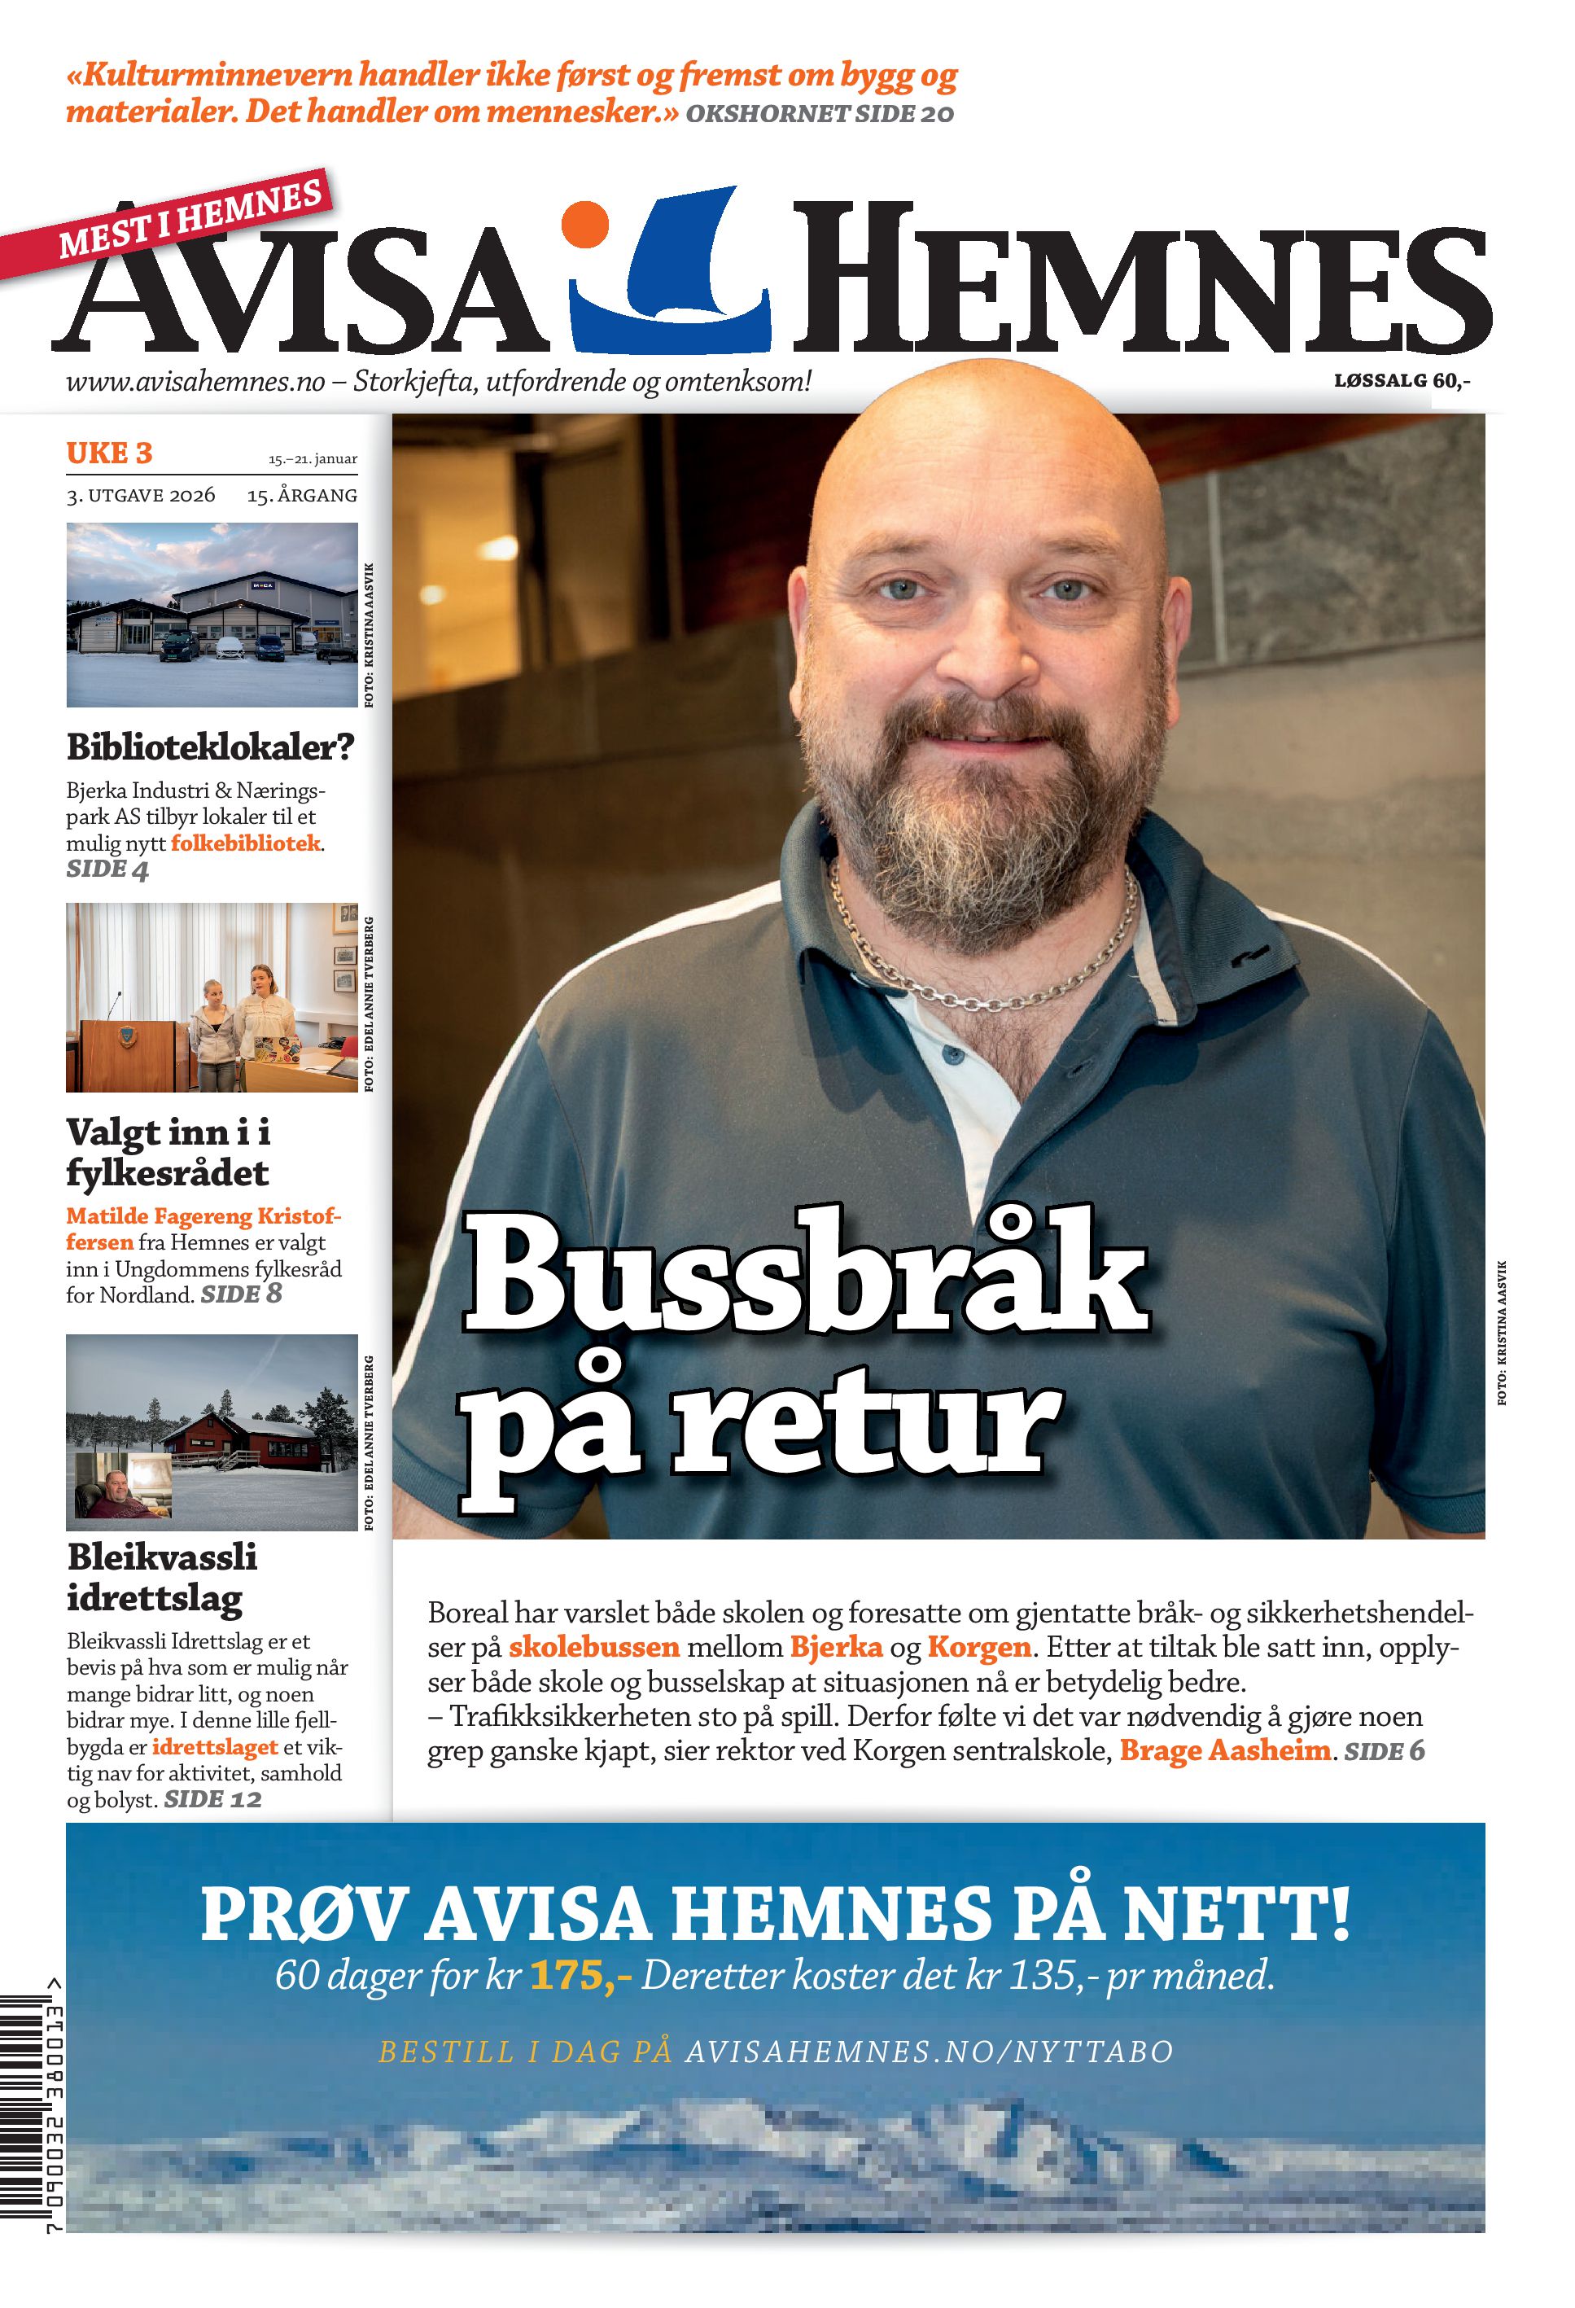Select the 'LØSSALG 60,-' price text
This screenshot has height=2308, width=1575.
point(1401,380)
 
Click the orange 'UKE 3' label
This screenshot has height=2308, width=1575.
point(109,453)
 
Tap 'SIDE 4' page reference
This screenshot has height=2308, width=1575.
point(107,870)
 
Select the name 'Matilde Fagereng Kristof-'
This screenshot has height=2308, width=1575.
point(203,1215)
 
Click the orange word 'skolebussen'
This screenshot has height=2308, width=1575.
point(594,1648)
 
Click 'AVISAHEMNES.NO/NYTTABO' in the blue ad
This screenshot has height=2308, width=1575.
point(929,2052)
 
